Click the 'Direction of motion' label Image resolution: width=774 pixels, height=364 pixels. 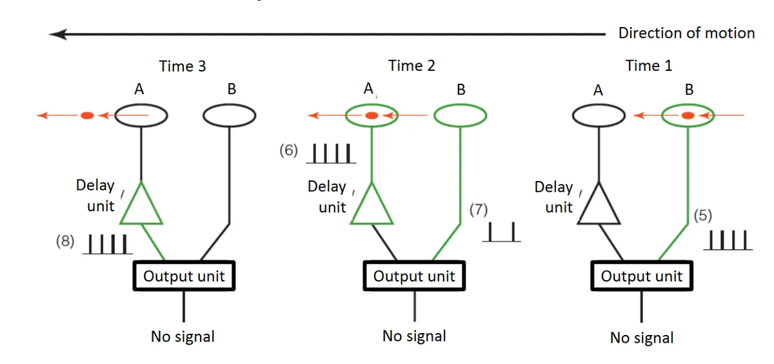point(686,34)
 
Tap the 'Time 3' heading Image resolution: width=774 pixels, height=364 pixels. point(183,66)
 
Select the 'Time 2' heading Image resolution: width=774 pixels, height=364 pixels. point(412,66)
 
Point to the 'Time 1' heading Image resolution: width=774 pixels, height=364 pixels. point(649,66)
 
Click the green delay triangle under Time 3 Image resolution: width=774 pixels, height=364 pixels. point(141,205)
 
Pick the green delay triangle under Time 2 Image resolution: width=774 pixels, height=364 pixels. point(372,205)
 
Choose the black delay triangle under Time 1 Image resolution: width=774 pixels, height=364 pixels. point(599,205)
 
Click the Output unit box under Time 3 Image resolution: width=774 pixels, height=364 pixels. point(184,276)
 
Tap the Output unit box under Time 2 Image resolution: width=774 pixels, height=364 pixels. point(414,276)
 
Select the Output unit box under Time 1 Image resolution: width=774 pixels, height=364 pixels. point(642,276)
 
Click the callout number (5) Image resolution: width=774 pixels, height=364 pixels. point(702,216)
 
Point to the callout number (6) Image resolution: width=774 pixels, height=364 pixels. point(289,151)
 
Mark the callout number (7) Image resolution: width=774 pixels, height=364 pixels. point(479,209)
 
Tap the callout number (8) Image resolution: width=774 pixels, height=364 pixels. point(65,242)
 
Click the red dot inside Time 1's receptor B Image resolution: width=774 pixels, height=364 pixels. point(688,116)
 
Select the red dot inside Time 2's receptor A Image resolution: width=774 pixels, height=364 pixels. point(372,116)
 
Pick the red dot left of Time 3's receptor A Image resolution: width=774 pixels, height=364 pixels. point(87,116)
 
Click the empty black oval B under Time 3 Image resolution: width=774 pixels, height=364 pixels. point(230,116)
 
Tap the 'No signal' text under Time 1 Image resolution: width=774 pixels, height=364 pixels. point(642,338)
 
